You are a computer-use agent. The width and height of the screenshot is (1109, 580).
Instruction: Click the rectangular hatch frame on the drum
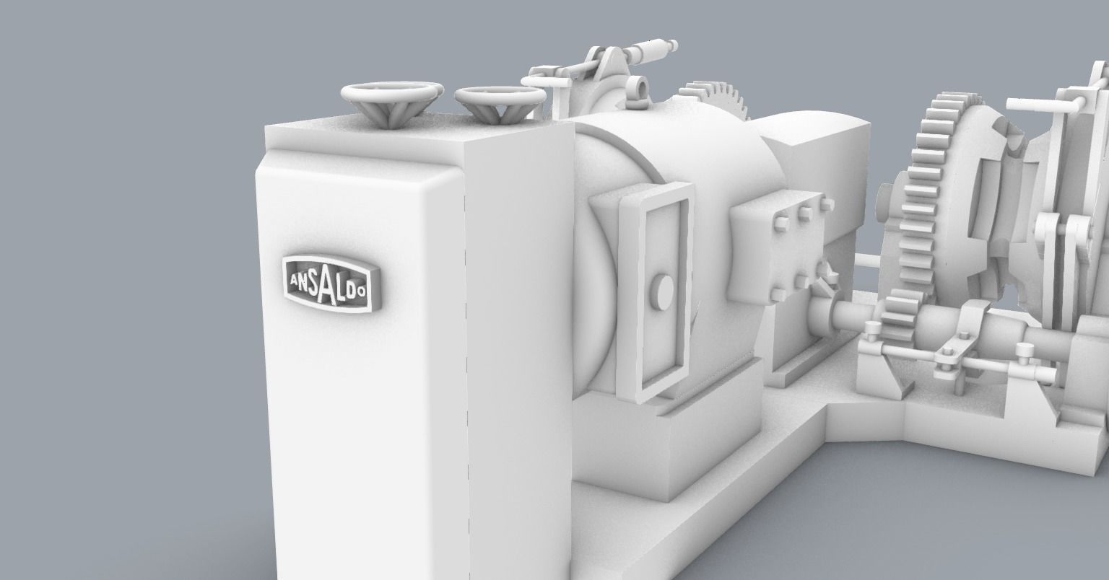tap(654, 289)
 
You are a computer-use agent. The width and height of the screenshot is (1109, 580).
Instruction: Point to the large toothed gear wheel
tap(931, 195)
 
